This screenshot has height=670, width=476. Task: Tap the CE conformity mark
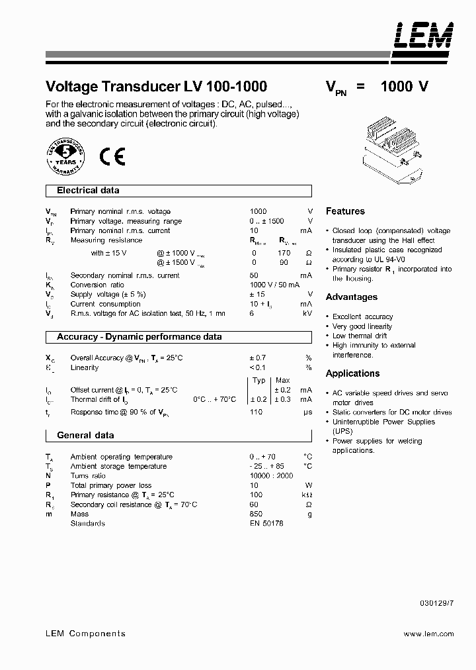pyautogui.click(x=112, y=156)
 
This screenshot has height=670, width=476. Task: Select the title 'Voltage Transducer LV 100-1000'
pyautogui.click(x=156, y=87)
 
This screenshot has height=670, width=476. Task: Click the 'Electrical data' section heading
pyautogui.click(x=88, y=191)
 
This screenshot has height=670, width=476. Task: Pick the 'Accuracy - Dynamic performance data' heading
pyautogui.click(x=139, y=337)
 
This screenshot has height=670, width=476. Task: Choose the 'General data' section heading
pyautogui.click(x=85, y=436)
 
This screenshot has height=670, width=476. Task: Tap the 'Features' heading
pyautogui.click(x=345, y=211)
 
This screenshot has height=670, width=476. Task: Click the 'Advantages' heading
pyautogui.click(x=352, y=297)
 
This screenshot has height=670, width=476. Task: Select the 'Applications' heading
pyautogui.click(x=353, y=373)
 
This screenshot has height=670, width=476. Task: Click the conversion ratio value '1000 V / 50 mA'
pyautogui.click(x=274, y=285)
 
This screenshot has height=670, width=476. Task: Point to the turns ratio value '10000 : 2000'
pyautogui.click(x=271, y=476)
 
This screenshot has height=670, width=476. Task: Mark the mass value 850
pyautogui.click(x=256, y=514)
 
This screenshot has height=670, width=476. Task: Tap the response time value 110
pyautogui.click(x=256, y=412)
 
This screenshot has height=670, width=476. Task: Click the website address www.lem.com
pyautogui.click(x=428, y=634)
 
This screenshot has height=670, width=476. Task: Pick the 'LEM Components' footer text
pyautogui.click(x=85, y=634)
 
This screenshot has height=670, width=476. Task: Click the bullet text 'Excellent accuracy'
pyautogui.click(x=362, y=317)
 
